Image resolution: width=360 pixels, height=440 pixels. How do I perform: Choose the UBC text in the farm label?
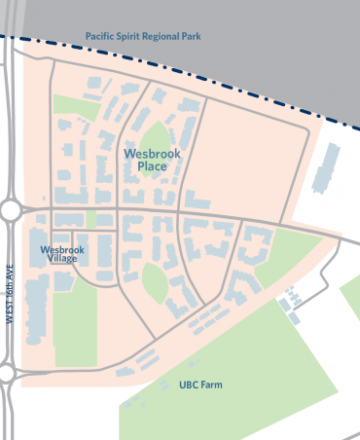click(189, 385)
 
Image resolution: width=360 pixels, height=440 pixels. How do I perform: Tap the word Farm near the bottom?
click(211, 385)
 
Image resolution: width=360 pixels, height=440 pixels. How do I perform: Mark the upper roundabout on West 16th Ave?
click(11, 209)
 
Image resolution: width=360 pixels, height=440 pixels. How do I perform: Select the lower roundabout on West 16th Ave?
click(6, 373)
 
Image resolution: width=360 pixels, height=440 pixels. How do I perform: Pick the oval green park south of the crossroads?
click(155, 282)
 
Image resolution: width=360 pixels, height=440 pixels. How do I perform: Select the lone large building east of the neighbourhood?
click(328, 166)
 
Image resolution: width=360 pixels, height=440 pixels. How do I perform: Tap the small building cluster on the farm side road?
click(289, 308)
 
